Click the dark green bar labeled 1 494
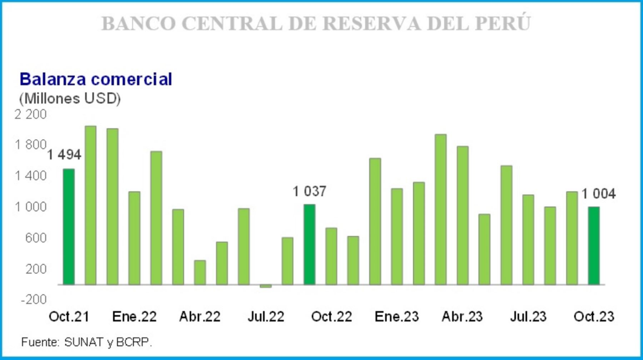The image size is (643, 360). pyautogui.click(x=69, y=227)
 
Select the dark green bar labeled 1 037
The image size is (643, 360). pyautogui.click(x=309, y=244)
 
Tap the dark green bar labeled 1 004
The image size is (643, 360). pyautogui.click(x=593, y=245)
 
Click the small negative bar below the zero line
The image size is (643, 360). pyautogui.click(x=265, y=286)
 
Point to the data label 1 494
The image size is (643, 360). pyautogui.click(x=64, y=155)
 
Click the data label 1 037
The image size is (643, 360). pyautogui.click(x=309, y=191)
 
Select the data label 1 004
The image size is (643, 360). pyautogui.click(x=598, y=194)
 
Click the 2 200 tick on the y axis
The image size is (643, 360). pyautogui.click(x=31, y=115)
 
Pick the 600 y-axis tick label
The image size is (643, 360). pyautogui.click(x=35, y=238)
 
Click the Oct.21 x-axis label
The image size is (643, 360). pyautogui.click(x=69, y=317)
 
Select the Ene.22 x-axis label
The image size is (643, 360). pyautogui.click(x=134, y=317)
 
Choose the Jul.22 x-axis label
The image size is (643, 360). pyautogui.click(x=265, y=317)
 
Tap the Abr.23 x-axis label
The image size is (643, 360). pyautogui.click(x=462, y=317)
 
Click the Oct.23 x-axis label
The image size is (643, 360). pyautogui.click(x=593, y=317)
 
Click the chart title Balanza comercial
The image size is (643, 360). pyautogui.click(x=95, y=80)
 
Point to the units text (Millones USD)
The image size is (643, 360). pyautogui.click(x=70, y=99)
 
